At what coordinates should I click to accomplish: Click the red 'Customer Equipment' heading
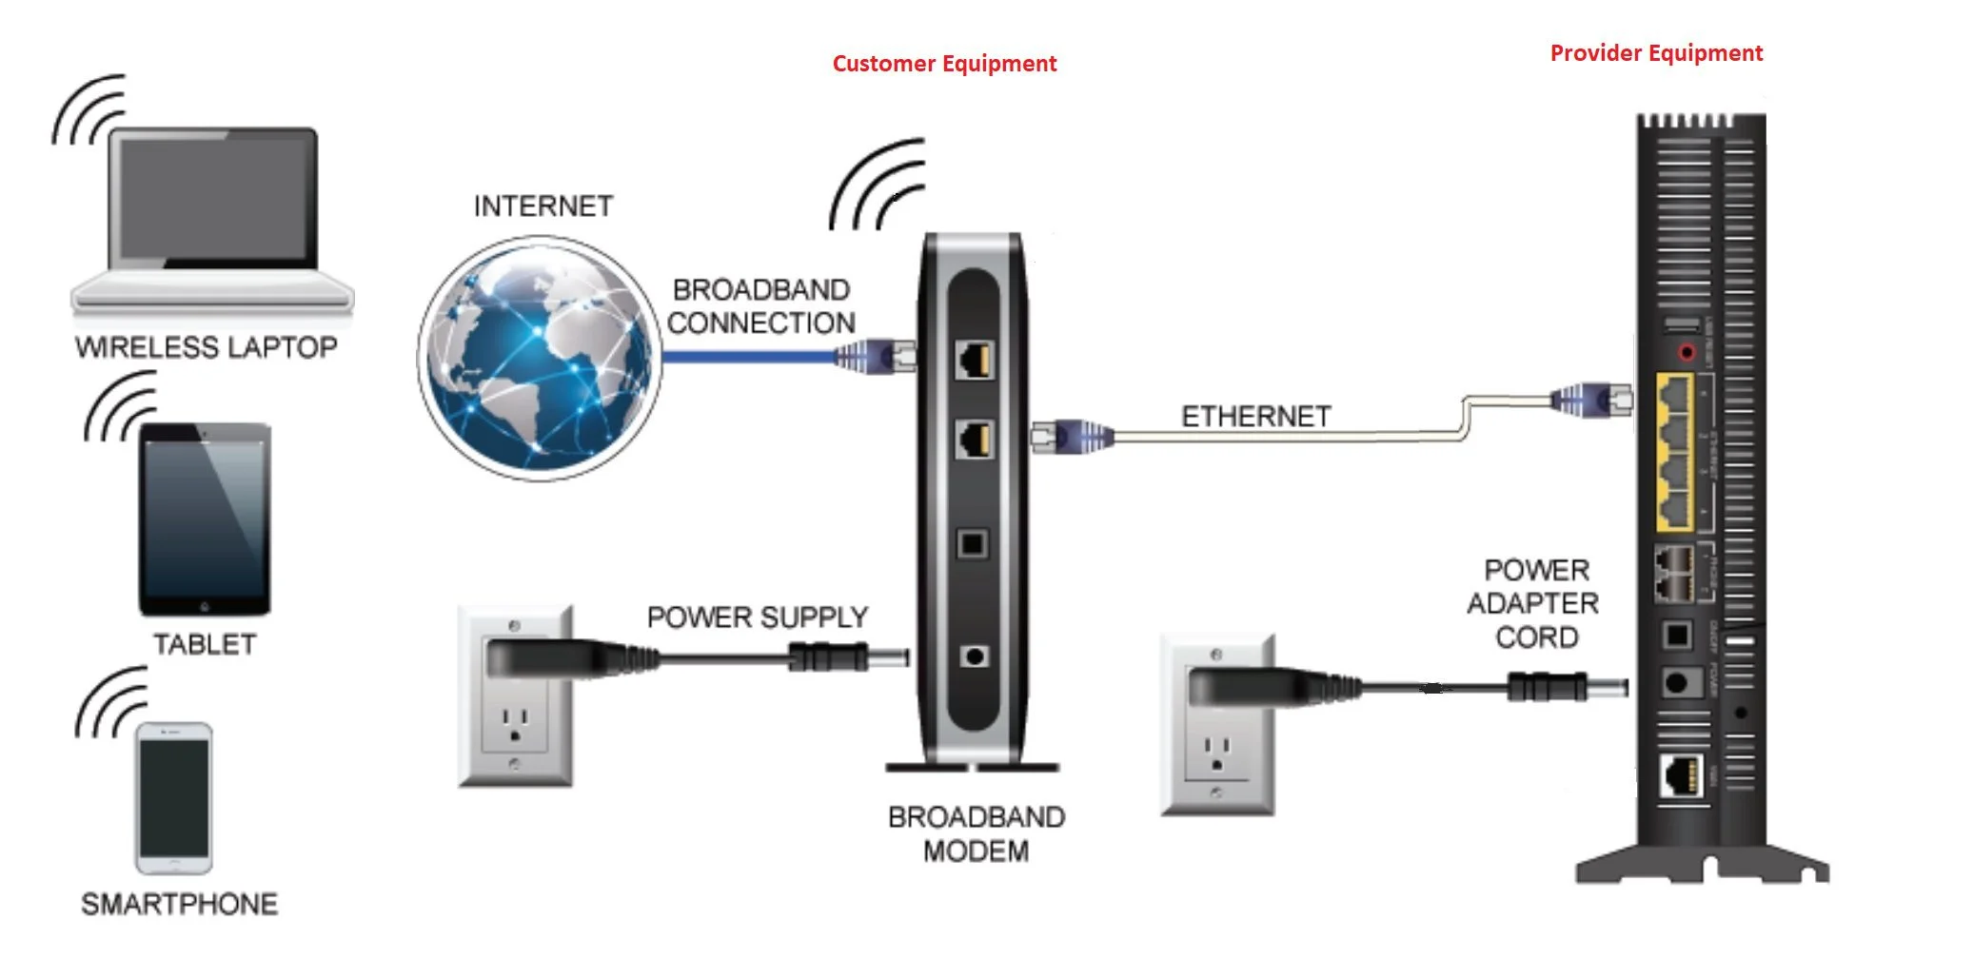click(x=944, y=64)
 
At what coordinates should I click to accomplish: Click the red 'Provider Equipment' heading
click(x=1656, y=53)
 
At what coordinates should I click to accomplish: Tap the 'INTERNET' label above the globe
click(x=543, y=206)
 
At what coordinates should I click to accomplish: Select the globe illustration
click(x=539, y=358)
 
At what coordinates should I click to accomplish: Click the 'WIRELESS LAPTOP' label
click(x=206, y=347)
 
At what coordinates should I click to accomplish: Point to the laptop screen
click(x=214, y=197)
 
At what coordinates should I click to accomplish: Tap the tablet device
click(x=206, y=519)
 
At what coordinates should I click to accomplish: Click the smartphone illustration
click(x=173, y=797)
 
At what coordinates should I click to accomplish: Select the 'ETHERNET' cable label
click(x=1255, y=417)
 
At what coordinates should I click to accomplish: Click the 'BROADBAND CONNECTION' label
click(x=760, y=306)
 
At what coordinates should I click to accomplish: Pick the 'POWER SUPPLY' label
click(x=757, y=617)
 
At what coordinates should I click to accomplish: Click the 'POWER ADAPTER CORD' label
click(x=1533, y=603)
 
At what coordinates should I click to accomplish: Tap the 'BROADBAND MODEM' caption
click(x=976, y=834)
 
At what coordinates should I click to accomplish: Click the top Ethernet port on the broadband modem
click(x=975, y=360)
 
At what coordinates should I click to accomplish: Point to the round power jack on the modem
click(x=974, y=656)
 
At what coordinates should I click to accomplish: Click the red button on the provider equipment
click(x=1687, y=353)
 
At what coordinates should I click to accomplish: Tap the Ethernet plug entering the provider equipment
click(x=1591, y=399)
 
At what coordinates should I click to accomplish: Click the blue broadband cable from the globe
click(x=747, y=357)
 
